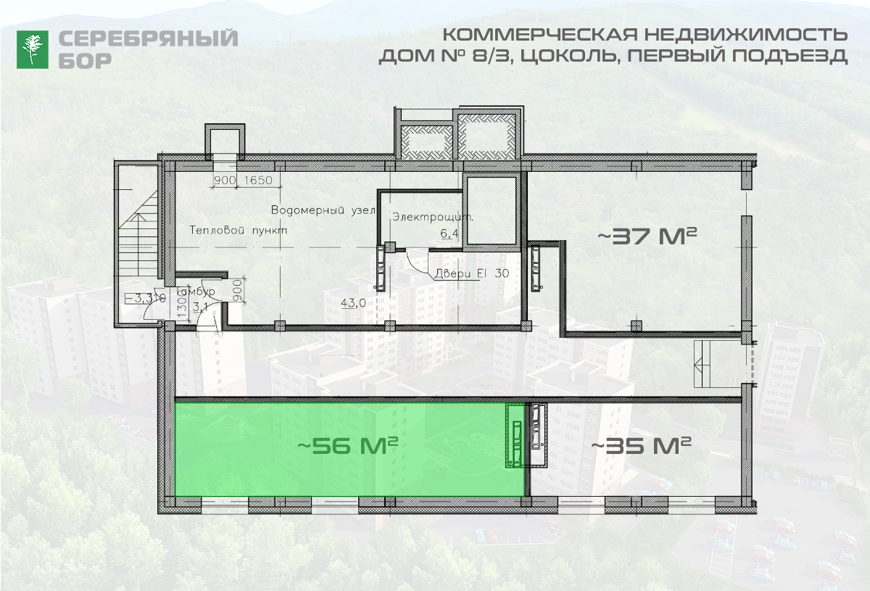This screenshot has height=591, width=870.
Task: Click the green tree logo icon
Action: (33, 49)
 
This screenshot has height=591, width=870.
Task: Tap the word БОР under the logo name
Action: (85, 61)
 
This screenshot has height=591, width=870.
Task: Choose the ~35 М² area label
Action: (641, 445)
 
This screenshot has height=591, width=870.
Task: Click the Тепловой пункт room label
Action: (239, 230)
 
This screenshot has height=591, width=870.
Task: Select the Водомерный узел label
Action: (323, 210)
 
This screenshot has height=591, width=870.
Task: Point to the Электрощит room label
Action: (433, 217)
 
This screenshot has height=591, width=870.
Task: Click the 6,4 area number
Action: (449, 233)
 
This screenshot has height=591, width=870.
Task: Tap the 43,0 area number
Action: (353, 303)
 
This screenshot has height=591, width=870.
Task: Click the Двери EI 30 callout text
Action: (471, 274)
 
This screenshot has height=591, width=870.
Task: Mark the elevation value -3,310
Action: (142, 297)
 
